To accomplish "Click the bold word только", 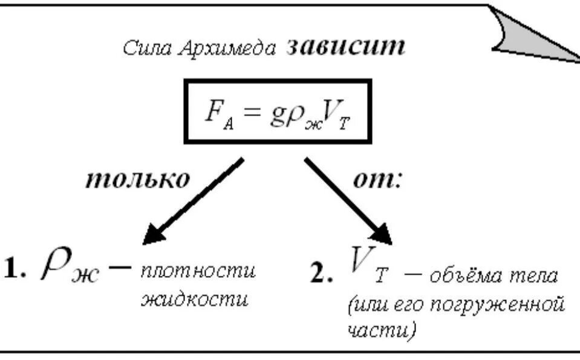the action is [x=137, y=180].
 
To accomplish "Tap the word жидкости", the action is [x=194, y=299].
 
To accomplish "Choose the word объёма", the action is [x=464, y=277].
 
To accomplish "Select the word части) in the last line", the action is [x=381, y=330].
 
